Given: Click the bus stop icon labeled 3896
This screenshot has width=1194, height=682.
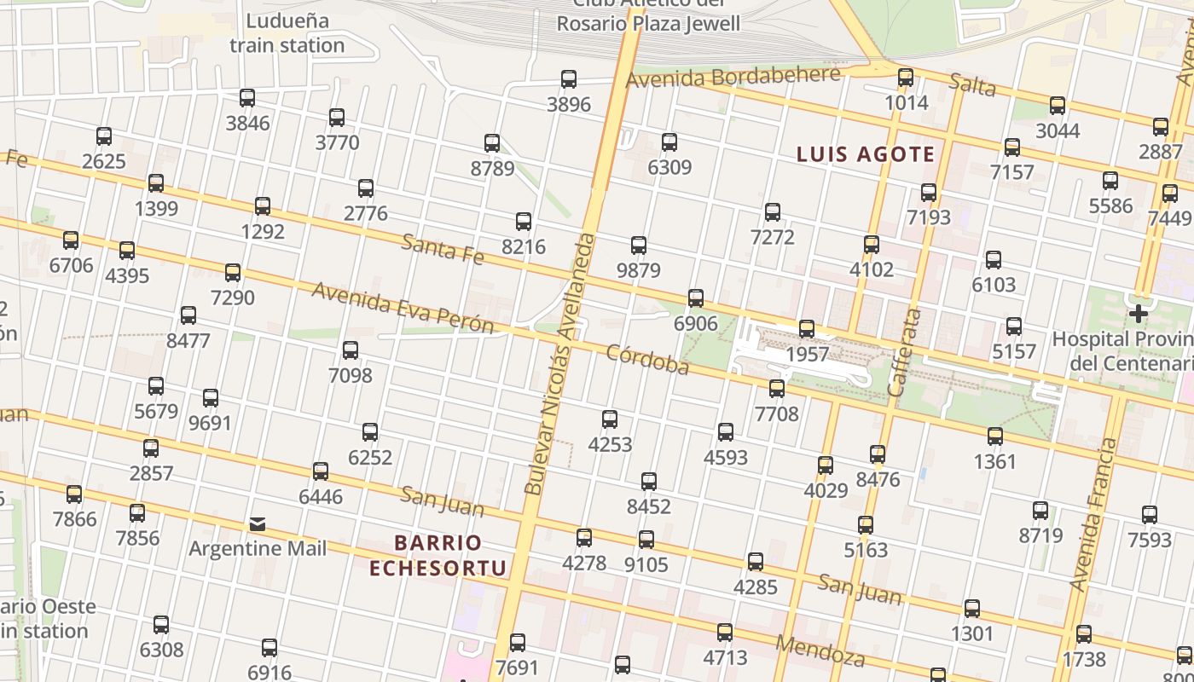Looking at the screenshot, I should click(x=569, y=79).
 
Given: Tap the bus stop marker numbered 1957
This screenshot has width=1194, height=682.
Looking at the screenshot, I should click(x=807, y=328).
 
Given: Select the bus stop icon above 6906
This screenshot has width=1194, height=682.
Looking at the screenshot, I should click(x=696, y=298).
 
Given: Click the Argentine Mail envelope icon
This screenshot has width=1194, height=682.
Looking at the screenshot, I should click(x=258, y=523).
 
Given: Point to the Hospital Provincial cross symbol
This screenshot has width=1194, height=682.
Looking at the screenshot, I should click(x=1138, y=314).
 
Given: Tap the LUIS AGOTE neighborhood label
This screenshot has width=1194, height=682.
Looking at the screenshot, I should click(x=865, y=154).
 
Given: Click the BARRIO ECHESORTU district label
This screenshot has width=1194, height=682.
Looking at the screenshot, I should click(x=438, y=555).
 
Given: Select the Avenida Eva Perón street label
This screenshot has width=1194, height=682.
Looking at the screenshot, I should click(x=403, y=307).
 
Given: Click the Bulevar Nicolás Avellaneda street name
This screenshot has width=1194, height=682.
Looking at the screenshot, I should click(x=559, y=362).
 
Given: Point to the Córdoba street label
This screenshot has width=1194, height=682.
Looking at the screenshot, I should click(x=647, y=360).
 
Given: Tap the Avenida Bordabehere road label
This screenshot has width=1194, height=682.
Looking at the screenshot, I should click(x=733, y=78).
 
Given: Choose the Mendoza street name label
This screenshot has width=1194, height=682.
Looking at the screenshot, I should click(x=820, y=650).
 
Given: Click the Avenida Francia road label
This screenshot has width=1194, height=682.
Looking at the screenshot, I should click(x=1093, y=514).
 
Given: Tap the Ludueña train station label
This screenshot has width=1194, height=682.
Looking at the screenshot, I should click(x=287, y=33).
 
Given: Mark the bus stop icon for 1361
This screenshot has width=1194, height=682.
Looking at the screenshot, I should click(x=995, y=436).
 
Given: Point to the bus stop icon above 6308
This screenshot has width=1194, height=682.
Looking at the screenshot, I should click(x=161, y=625).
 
